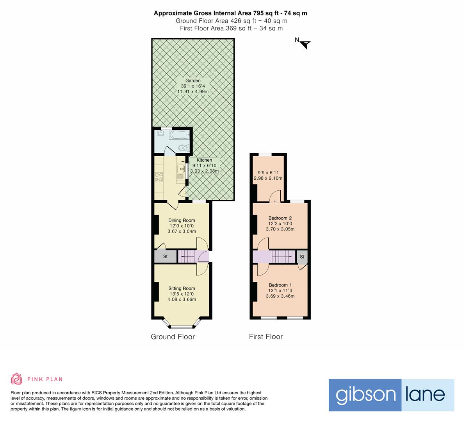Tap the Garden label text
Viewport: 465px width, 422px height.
[193, 81]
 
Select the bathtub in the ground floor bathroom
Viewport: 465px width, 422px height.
[179, 135]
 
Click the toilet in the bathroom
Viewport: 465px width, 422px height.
[182, 148]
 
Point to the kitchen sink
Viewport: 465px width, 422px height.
[181, 168]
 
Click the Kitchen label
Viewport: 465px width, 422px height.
[204, 160]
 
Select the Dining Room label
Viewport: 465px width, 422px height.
[182, 220]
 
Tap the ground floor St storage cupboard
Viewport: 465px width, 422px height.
[165, 257]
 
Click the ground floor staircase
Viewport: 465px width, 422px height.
[187, 257]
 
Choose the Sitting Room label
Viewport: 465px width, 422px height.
[182, 288]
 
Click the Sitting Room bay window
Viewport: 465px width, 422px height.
[182, 325]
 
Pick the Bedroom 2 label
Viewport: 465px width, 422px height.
[280, 218]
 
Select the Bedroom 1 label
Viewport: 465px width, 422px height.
[280, 285]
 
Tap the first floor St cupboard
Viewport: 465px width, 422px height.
[302, 257]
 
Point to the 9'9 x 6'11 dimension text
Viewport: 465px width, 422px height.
[268, 172]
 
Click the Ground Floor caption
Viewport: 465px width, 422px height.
[173, 336]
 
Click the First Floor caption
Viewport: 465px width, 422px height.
[265, 336]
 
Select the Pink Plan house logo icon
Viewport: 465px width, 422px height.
[17, 379]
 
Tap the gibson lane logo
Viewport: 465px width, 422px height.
[391, 395]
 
